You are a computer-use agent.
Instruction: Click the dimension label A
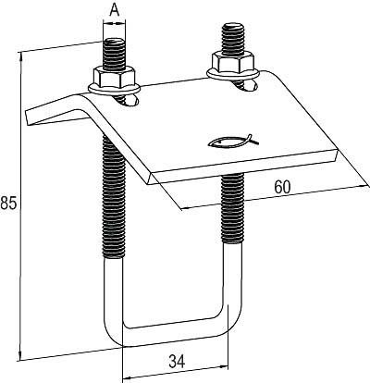tap(115, 10)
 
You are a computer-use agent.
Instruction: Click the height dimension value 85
tap(8, 202)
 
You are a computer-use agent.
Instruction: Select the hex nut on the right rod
tap(228, 65)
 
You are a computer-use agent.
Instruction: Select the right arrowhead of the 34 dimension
tap(228, 377)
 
